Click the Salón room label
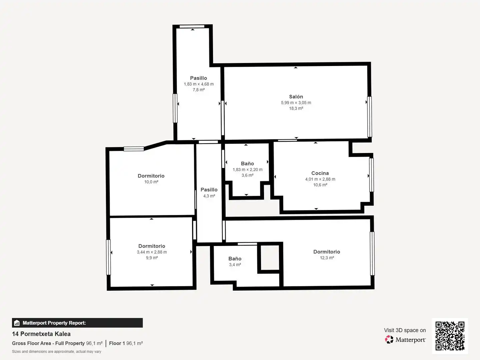(x=296, y=97)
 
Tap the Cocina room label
(x=320, y=173)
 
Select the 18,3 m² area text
(x=296, y=108)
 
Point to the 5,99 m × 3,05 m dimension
(x=296, y=103)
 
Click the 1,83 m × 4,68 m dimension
(x=199, y=84)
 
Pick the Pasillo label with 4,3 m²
(x=209, y=190)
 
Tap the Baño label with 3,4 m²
(x=235, y=259)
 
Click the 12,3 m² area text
(x=327, y=258)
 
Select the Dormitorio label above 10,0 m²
(x=151, y=176)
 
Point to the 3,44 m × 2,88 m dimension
(x=152, y=252)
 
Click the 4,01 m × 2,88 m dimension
(x=320, y=179)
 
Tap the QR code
(x=450, y=336)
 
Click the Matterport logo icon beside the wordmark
(x=389, y=339)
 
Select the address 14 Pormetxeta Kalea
(x=41, y=334)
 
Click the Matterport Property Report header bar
(x=77, y=323)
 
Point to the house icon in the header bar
(x=17, y=323)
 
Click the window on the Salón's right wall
(x=369, y=117)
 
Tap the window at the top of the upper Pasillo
(x=192, y=26)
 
